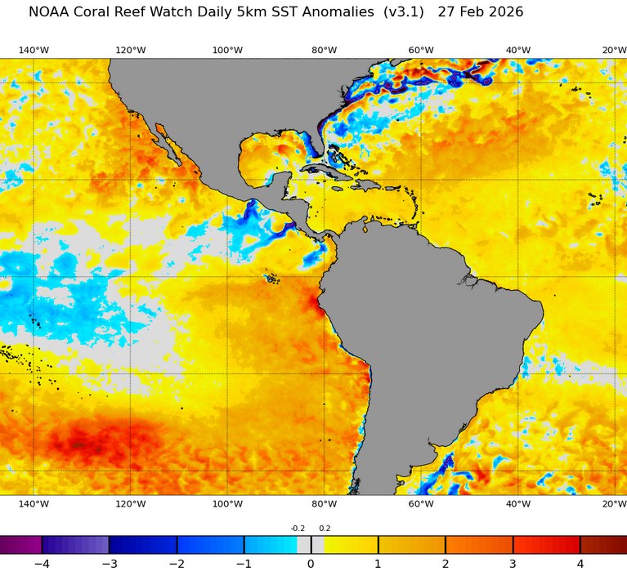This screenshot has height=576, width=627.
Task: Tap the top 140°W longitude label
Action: (x=34, y=51)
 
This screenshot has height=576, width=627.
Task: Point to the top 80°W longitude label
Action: (x=324, y=51)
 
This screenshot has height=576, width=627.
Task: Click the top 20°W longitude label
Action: (x=614, y=51)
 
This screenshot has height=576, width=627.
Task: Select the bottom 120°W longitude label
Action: (x=130, y=505)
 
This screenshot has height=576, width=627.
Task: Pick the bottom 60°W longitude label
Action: (x=421, y=505)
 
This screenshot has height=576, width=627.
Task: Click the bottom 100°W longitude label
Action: (x=227, y=505)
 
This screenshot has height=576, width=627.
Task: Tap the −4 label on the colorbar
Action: (x=42, y=564)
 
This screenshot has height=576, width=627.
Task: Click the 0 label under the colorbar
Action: (x=311, y=564)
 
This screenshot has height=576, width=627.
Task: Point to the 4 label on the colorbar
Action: (x=580, y=564)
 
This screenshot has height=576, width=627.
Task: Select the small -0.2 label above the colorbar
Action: (x=298, y=529)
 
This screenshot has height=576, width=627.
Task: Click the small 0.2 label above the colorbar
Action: (x=325, y=529)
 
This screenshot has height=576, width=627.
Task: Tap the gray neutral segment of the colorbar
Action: (x=304, y=545)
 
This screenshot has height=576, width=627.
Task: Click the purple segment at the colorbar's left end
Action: (x=20, y=545)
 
